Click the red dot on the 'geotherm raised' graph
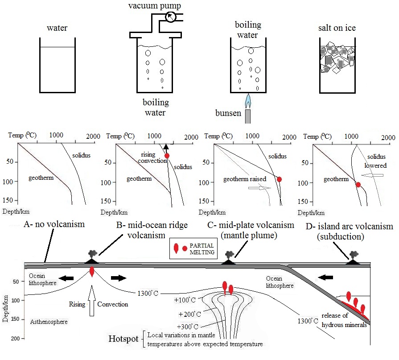pyautogui.click(x=280, y=179)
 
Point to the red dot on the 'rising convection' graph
pyautogui.click(x=167, y=155)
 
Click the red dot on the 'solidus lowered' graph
pyautogui.click(x=358, y=184)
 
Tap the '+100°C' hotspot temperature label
pyautogui.click(x=184, y=300)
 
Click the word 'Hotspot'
pyautogui.click(x=123, y=338)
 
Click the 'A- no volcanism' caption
pyautogui.click(x=54, y=224)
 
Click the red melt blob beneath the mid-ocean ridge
pyautogui.click(x=92, y=271)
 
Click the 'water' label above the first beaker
pyautogui.click(x=57, y=28)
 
